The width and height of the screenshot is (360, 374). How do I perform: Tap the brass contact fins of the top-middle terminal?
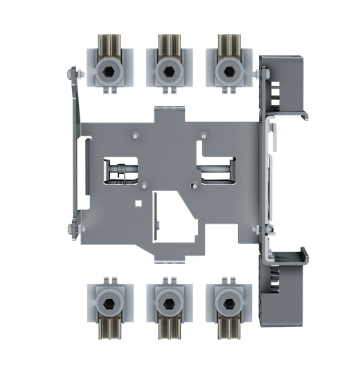point(166,47)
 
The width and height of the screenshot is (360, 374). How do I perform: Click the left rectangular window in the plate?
point(120,171)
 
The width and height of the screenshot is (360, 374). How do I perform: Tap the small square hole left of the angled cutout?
point(140,204)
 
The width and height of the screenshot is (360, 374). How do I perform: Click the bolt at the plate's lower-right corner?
point(262,229)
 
